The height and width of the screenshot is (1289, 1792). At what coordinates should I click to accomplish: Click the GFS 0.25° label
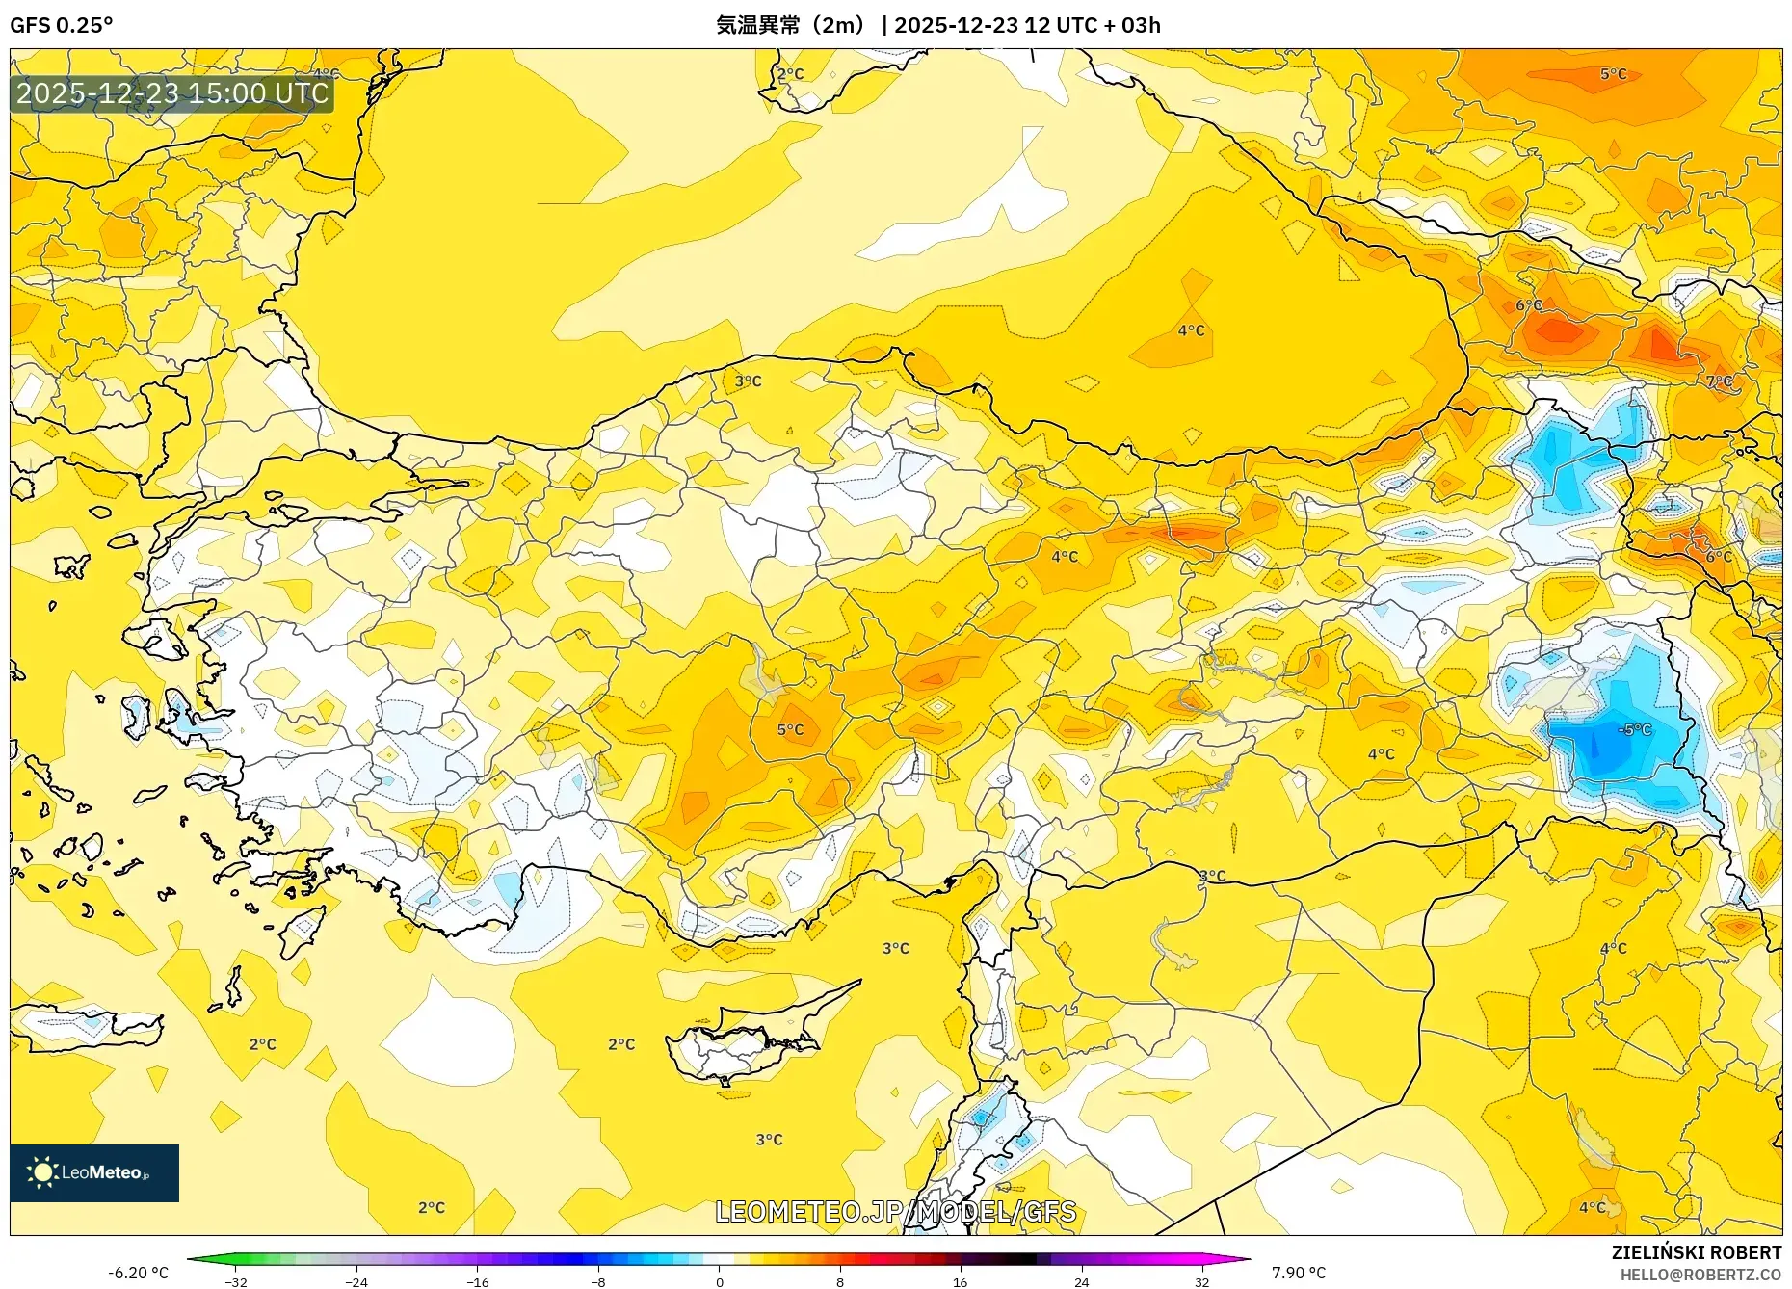[x=61, y=25]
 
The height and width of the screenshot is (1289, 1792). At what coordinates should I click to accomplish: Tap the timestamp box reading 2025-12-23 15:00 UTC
[x=172, y=93]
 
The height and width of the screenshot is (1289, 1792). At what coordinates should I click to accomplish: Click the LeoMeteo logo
[x=94, y=1172]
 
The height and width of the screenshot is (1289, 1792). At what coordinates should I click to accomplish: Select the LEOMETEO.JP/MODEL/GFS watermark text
[x=895, y=1211]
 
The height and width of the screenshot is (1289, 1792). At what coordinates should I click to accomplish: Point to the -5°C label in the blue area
[x=1635, y=729]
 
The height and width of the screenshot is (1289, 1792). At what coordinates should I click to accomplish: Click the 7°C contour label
[x=1719, y=381]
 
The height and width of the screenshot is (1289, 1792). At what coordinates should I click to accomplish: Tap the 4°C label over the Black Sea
[x=1191, y=330]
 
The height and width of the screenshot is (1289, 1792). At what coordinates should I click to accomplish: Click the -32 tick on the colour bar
[x=236, y=1282]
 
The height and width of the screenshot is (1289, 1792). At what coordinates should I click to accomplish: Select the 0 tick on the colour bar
[x=719, y=1282]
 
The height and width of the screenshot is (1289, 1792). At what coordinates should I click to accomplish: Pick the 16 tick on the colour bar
[x=960, y=1282]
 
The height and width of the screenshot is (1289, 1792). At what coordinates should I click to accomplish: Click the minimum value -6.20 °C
[x=138, y=1273]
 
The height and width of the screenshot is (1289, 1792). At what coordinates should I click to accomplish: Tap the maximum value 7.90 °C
[x=1298, y=1273]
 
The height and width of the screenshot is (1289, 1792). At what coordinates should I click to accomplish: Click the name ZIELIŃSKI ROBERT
[x=1696, y=1252]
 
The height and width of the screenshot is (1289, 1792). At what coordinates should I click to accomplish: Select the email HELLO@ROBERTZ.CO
[x=1700, y=1275]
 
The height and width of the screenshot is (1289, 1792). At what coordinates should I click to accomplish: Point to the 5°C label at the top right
[x=1613, y=73]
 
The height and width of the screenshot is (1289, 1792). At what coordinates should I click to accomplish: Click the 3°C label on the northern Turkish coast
[x=748, y=381]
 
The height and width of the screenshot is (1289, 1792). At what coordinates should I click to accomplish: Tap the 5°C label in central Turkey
[x=790, y=729]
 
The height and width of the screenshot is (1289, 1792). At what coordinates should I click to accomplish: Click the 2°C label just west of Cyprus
[x=621, y=1043]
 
